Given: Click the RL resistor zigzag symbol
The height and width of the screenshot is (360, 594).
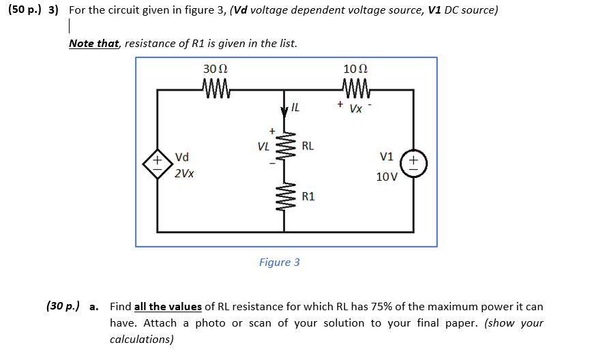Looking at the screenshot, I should click(286, 146).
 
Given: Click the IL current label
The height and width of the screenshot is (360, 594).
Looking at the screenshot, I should click(295, 107).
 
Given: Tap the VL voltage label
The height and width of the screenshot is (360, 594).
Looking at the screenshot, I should click(263, 146).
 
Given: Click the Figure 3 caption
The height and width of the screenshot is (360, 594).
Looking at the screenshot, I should click(279, 262).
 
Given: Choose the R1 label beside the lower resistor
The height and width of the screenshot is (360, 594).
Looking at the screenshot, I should click(308, 196).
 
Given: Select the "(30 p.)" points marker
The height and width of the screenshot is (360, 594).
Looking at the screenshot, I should click(63, 307).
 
